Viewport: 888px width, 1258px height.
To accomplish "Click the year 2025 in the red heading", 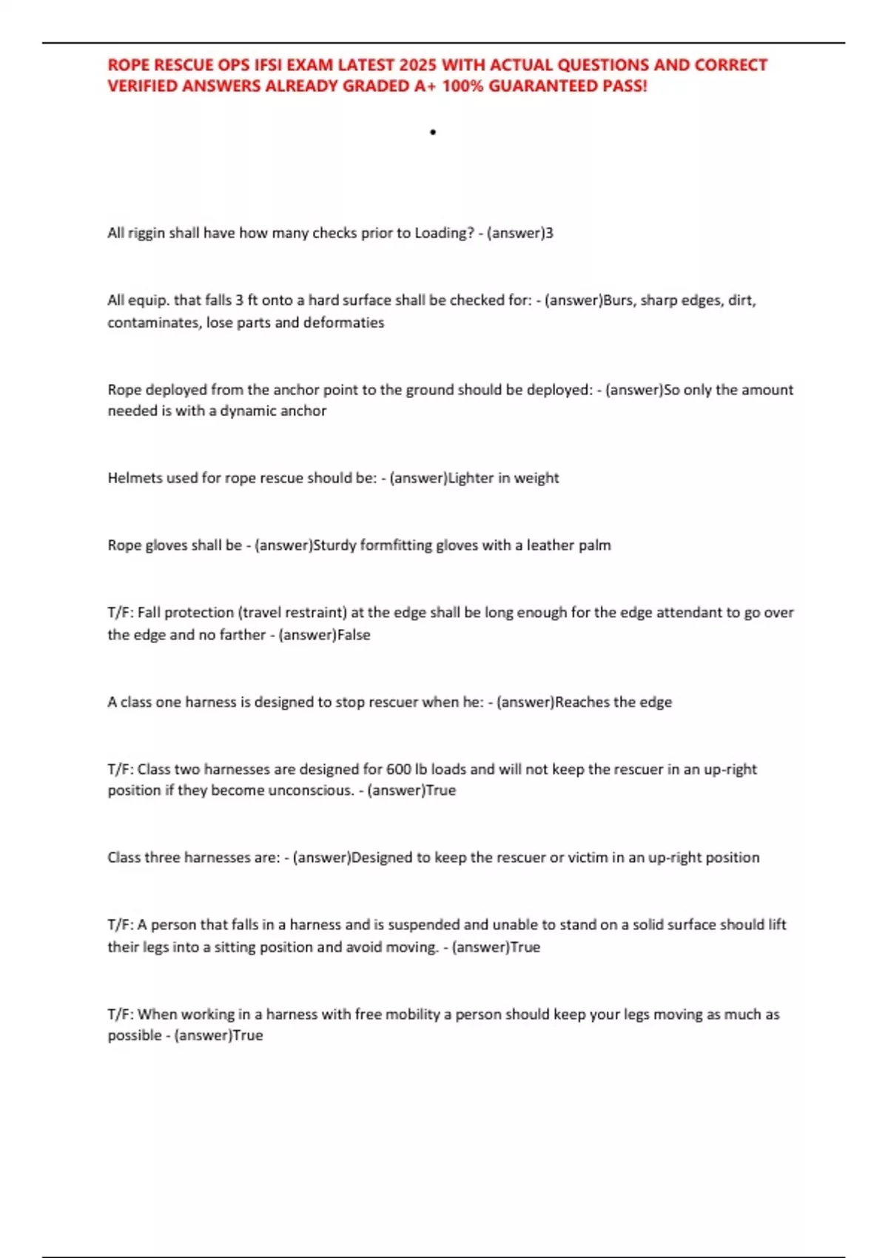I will coord(417,65).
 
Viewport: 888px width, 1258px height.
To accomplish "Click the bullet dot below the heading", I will coord(433,132).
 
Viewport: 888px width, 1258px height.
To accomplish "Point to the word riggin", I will coord(147,233).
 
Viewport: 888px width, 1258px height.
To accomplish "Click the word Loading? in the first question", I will coord(444,233).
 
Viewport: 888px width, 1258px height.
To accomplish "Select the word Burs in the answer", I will coord(619,300).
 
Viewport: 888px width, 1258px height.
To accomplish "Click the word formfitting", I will coord(396,545).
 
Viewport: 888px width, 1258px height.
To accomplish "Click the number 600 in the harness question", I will coord(399,770).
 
